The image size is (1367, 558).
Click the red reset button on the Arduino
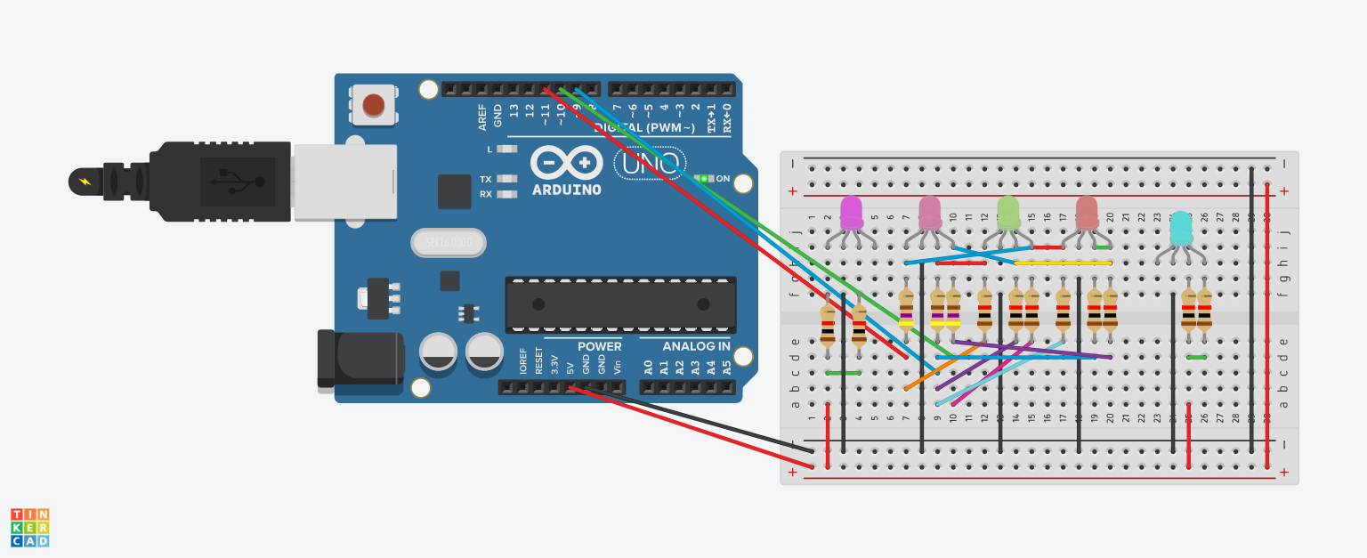[374, 105]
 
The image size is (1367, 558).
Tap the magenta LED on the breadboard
[852, 213]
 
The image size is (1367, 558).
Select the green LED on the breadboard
[1007, 213]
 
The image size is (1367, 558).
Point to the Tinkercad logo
[29, 527]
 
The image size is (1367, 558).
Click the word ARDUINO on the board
[566, 190]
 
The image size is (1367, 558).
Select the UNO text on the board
[649, 163]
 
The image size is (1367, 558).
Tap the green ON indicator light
[704, 178]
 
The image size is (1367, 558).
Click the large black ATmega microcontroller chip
[620, 304]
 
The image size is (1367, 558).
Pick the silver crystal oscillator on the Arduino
[449, 241]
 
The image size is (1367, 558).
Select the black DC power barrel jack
[356, 359]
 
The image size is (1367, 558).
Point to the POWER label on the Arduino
[599, 346]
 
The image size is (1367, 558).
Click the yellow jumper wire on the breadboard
[1063, 263]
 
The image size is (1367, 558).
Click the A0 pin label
[648, 366]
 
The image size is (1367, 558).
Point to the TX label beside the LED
[485, 179]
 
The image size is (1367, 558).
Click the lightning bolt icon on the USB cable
[85, 182]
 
